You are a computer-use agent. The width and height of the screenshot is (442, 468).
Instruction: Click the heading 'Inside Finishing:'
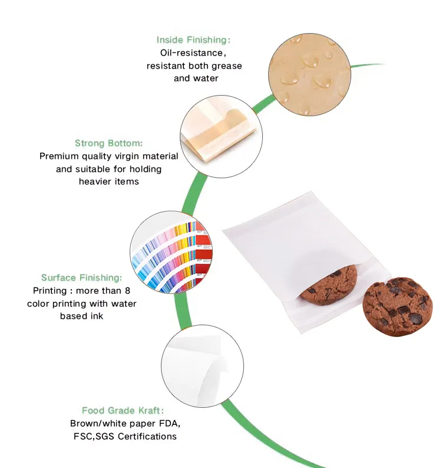[x=193, y=40]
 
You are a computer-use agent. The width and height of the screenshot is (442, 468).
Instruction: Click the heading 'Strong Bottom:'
[x=109, y=143]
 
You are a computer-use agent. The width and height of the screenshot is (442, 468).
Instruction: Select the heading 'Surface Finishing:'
[x=82, y=277]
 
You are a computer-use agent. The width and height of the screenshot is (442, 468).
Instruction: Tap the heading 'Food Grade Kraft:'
[x=123, y=410]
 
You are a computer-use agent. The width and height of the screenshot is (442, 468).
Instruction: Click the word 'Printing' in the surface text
[x=50, y=290]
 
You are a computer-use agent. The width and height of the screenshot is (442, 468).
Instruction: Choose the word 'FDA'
[x=169, y=424]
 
